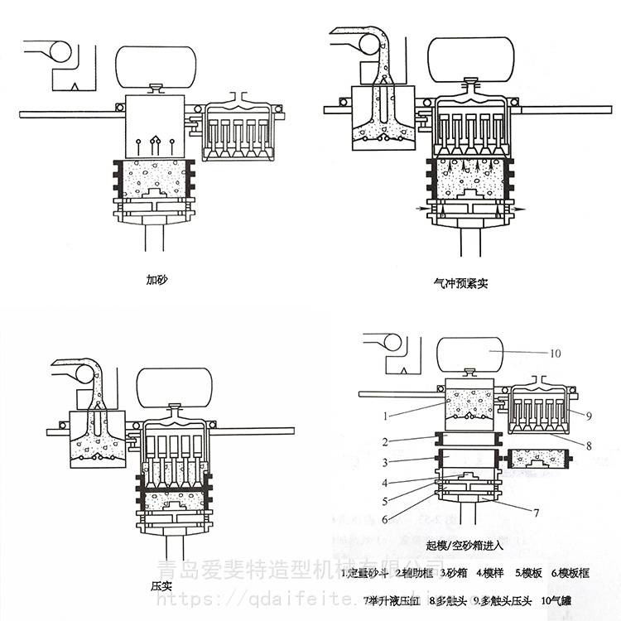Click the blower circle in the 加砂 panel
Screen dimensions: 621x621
[x=61, y=51]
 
